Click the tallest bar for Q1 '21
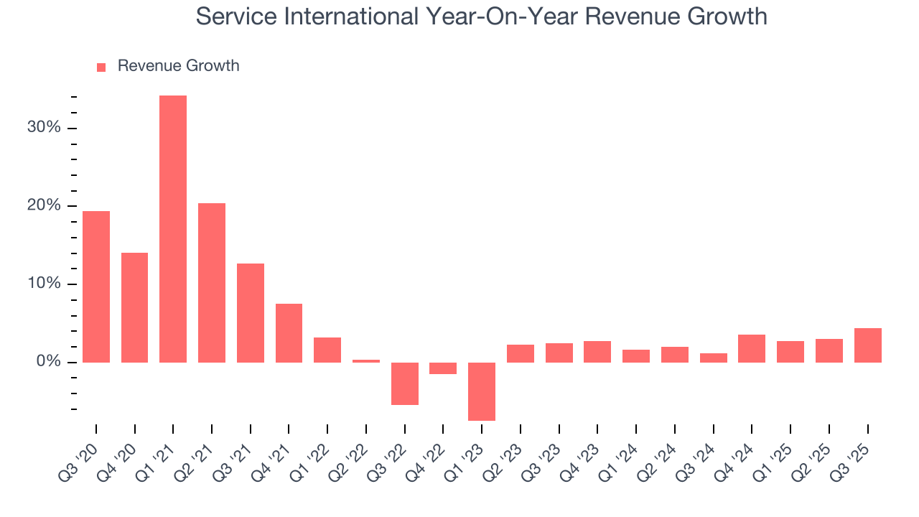(173, 228)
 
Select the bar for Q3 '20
(96, 287)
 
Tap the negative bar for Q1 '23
(482, 391)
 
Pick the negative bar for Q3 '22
(405, 383)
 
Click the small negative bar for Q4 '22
(443, 368)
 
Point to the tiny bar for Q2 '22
(366, 361)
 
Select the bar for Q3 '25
(867, 345)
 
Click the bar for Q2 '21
(212, 283)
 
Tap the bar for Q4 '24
(752, 348)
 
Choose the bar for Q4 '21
(289, 333)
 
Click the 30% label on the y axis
(44, 128)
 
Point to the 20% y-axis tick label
(44, 206)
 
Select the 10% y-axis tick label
(44, 284)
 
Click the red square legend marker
(101, 67)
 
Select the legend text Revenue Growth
(178, 66)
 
